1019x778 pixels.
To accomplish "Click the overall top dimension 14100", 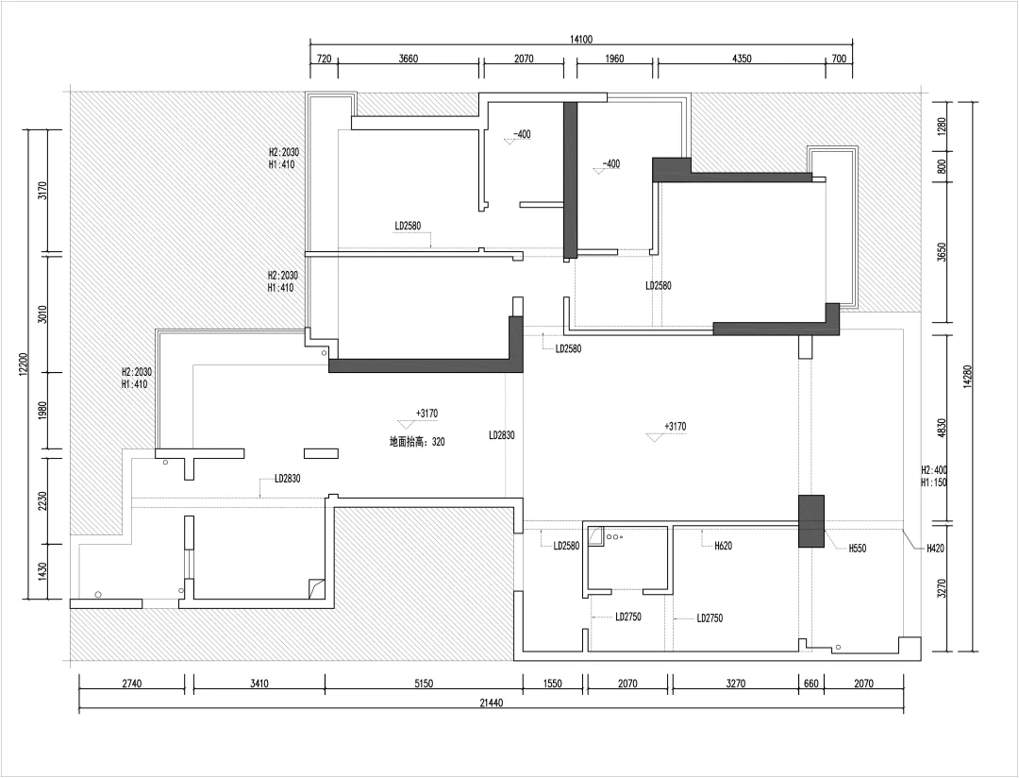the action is pos(581,40).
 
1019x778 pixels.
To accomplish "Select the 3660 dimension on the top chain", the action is pos(408,59).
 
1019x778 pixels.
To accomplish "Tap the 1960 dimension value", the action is pos(614,59).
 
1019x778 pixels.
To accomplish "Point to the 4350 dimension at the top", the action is pos(742,59).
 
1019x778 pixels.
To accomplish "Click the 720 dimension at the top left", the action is pos(324,59).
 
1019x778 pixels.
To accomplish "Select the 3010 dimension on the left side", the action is pos(42,313).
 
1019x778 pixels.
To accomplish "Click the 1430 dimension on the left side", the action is pos(42,570).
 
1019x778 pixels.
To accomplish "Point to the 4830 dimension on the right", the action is pos(943,428).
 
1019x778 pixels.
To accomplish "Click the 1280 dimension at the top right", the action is pos(943,126).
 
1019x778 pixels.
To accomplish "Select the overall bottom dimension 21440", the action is pos(493,702).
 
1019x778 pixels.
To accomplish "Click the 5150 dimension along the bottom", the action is pos(423,684).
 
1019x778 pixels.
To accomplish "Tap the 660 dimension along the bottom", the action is pos(811,684).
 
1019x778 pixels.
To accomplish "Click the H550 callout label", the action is pos(857,549).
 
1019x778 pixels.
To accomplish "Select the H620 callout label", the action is pos(723,546).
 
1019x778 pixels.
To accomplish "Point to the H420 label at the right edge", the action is pos(934,549).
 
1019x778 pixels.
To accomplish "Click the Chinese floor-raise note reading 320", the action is pos(417,442).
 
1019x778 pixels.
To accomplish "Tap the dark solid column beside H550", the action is pos(811,521).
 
